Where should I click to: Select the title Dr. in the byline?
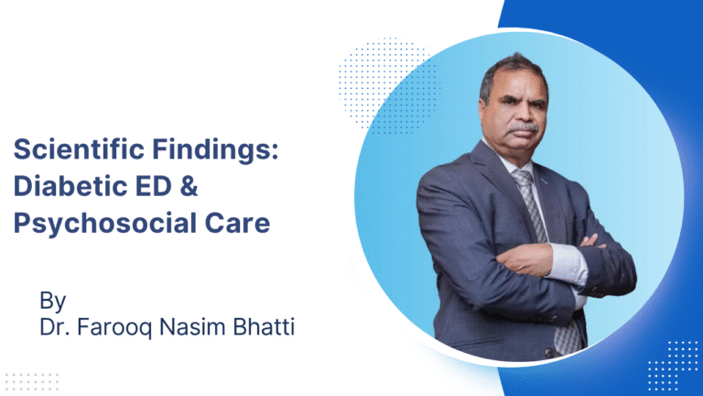point(52,326)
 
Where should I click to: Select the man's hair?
point(512,66)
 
